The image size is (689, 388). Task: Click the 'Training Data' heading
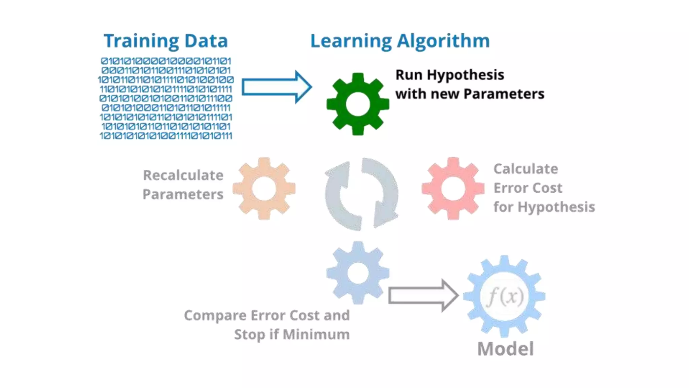tap(166, 41)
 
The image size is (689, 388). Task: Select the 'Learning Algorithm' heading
tap(400, 41)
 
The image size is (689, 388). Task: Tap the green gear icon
tap(358, 104)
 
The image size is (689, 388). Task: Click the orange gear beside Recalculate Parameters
tap(264, 189)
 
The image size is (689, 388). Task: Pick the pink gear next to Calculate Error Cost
tap(453, 189)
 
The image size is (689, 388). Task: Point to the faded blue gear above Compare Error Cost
tap(358, 273)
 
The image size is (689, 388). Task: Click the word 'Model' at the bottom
tap(505, 349)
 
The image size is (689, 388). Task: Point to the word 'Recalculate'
tap(183, 175)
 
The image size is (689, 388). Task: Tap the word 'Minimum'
tap(316, 334)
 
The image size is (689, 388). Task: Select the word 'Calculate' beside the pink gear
tap(525, 169)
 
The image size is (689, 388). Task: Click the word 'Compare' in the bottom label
tap(215, 316)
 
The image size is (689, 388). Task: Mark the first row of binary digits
tap(166, 61)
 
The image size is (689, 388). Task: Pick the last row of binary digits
tap(166, 136)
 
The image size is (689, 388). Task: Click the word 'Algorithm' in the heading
tap(443, 41)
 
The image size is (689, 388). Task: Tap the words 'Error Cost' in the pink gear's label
tap(528, 188)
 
